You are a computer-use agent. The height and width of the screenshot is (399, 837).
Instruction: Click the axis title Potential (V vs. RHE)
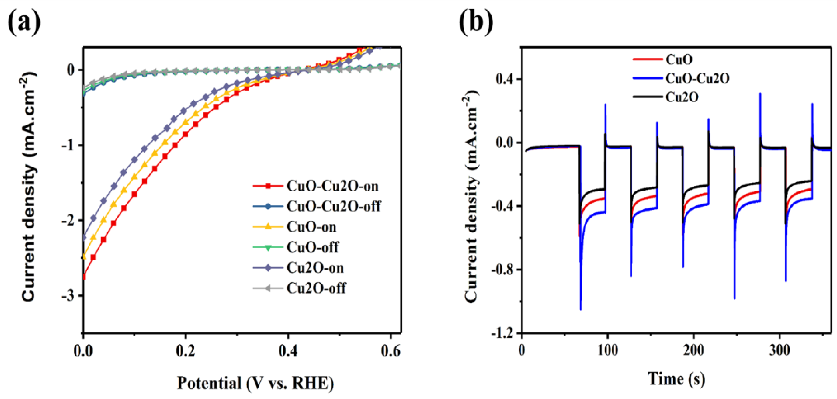(255, 383)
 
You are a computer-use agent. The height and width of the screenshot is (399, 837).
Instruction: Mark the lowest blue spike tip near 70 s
(581, 309)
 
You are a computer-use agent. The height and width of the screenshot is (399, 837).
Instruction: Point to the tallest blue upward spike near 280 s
(760, 93)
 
